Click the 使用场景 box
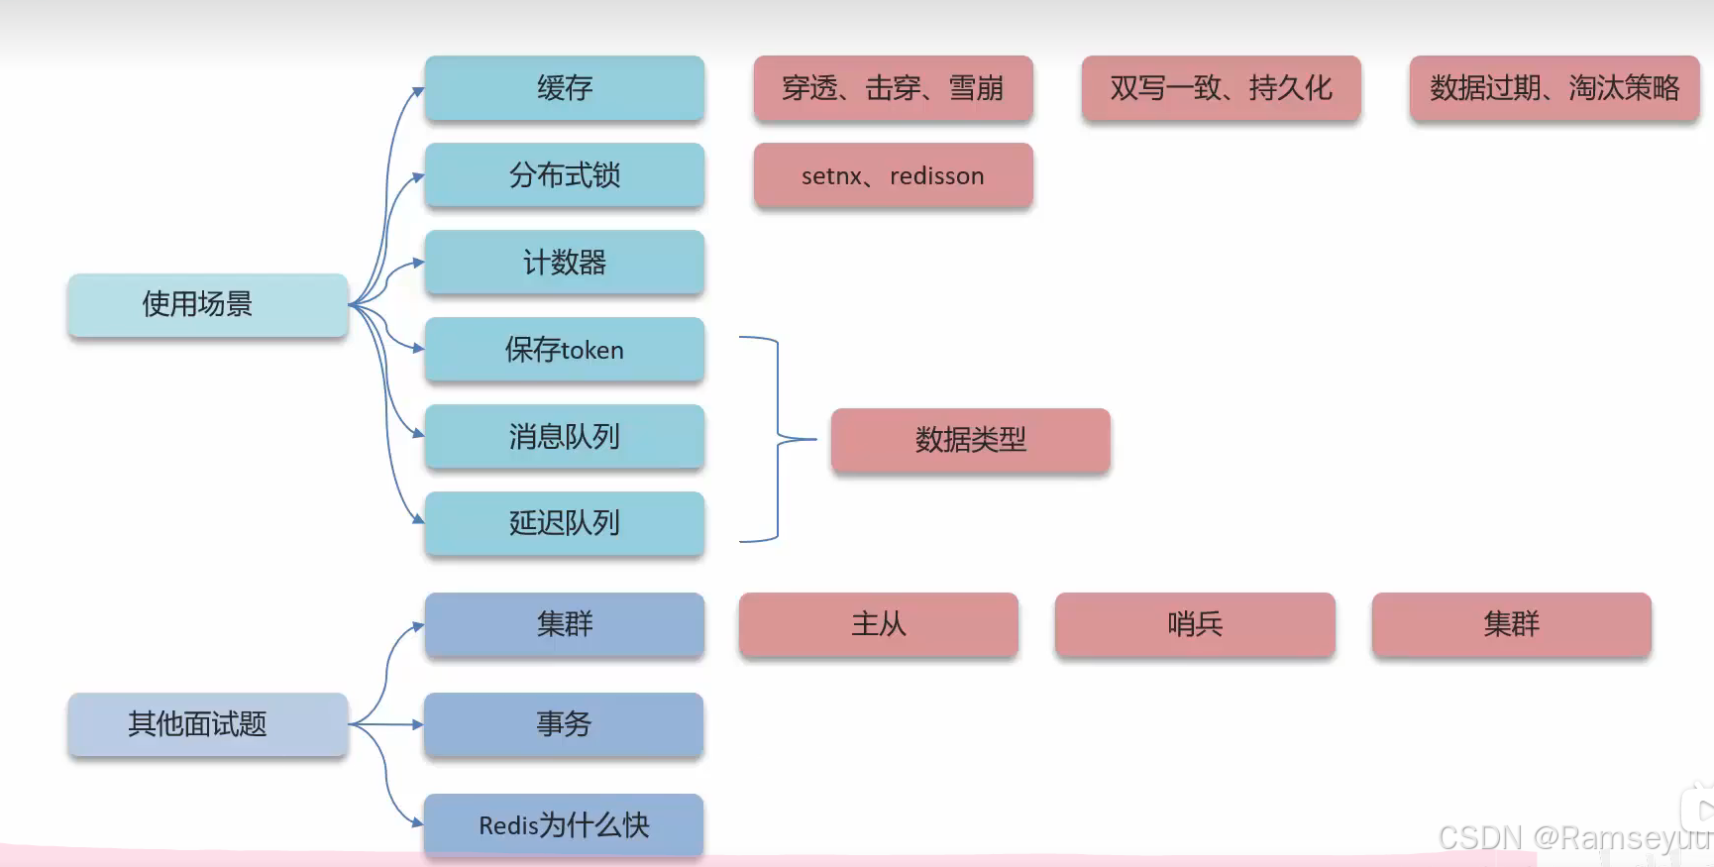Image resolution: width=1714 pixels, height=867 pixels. (x=207, y=304)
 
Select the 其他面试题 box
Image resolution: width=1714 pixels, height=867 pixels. (x=207, y=724)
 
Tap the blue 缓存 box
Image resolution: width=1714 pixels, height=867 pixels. (x=564, y=88)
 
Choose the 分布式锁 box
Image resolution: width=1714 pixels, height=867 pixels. (x=564, y=175)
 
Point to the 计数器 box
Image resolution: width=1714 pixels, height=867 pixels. (x=564, y=263)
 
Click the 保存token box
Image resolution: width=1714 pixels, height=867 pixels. (x=564, y=350)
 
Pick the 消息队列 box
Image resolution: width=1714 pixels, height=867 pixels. (x=564, y=437)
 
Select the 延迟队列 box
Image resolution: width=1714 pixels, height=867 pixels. (x=564, y=523)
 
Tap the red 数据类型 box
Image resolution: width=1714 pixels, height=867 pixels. (x=970, y=440)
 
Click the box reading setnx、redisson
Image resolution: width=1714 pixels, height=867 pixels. (x=893, y=175)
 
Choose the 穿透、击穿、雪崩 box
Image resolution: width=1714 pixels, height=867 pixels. (x=893, y=88)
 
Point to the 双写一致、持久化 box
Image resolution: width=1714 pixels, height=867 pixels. (x=1221, y=88)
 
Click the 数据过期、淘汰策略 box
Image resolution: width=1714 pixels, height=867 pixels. (x=1553, y=88)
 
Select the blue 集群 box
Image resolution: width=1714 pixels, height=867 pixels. (x=564, y=624)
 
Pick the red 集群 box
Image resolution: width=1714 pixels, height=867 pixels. (x=1511, y=624)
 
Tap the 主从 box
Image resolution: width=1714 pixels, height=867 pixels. (x=878, y=624)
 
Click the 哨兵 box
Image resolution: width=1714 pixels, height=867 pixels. (x=1195, y=624)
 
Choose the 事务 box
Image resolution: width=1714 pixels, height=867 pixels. (x=564, y=724)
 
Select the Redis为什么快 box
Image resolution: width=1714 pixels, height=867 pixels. (x=564, y=825)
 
